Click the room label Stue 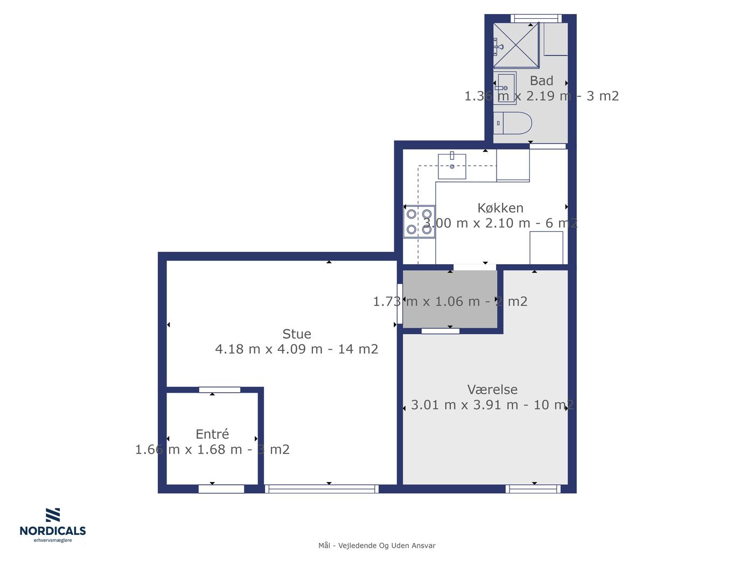296,334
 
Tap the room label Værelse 492,390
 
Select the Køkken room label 500,208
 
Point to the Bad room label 541,81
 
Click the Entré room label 212,434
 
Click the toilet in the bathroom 513,123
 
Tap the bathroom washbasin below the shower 505,88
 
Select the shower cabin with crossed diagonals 516,46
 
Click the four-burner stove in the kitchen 419,222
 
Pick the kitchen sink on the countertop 452,166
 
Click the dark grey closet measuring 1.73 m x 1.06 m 450,299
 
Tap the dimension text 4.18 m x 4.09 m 269,349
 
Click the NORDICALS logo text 53,531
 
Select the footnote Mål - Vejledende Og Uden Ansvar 377,546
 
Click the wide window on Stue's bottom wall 322,489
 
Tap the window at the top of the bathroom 536,18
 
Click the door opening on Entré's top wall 220,390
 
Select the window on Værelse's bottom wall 533,489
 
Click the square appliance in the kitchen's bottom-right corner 546,248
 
